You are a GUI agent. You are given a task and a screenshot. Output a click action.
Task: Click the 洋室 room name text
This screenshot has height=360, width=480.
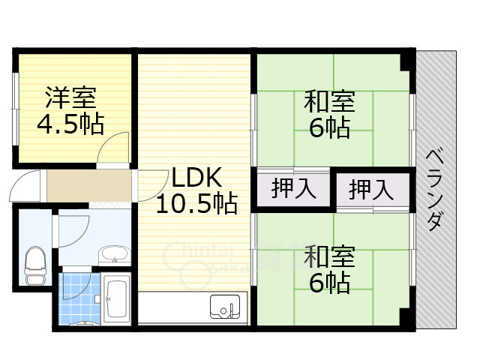[70, 97]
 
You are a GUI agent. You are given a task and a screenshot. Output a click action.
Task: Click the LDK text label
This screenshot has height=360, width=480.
[195, 178]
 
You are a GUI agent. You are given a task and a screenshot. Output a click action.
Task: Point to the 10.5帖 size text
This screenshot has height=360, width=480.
[196, 202]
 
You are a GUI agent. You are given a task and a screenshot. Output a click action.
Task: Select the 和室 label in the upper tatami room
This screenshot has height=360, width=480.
[328, 101]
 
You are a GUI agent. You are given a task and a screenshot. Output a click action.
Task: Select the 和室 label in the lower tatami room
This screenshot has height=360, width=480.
[328, 256]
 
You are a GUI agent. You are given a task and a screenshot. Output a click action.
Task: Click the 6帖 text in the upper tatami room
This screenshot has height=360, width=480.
[328, 127]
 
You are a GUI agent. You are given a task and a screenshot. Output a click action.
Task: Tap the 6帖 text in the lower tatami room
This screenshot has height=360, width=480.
[328, 282]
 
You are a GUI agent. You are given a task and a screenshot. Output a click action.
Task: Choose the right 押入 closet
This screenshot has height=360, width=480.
[372, 188]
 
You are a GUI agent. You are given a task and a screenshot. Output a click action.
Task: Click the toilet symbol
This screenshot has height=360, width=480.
[34, 264]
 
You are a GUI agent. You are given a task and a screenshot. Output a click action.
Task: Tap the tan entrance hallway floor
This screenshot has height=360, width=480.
[90, 186]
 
